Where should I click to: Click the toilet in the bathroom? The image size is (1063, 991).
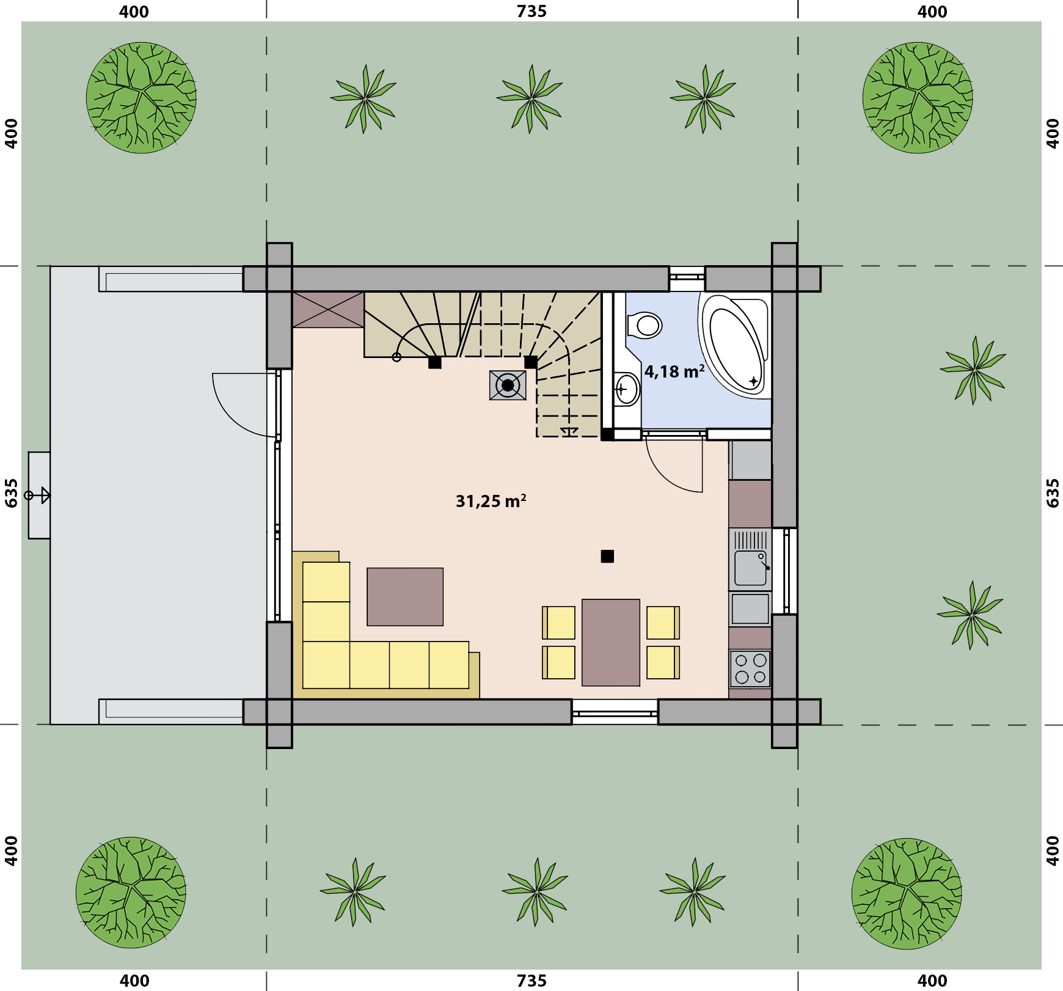click(x=645, y=324)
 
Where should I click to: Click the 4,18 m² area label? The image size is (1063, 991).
click(x=674, y=371)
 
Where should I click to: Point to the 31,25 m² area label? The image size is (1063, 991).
click(x=491, y=501)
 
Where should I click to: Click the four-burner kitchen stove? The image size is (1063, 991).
click(x=750, y=668)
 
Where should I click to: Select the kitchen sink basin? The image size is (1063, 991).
click(x=750, y=568)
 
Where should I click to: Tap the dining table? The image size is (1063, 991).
click(x=611, y=642)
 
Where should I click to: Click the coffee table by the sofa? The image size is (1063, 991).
click(x=405, y=596)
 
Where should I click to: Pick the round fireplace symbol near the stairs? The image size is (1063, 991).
click(x=508, y=385)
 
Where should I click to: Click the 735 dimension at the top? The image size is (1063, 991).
click(x=531, y=11)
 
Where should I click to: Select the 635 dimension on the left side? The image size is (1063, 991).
click(x=11, y=493)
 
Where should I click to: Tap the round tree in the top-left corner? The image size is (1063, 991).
click(x=141, y=97)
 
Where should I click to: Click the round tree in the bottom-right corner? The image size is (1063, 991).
click(x=907, y=893)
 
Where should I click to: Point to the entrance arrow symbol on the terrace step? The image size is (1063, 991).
click(x=38, y=495)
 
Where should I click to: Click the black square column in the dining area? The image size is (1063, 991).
click(x=607, y=556)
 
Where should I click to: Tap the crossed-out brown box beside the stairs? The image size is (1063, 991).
click(x=329, y=310)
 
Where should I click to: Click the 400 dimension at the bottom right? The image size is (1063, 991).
click(x=932, y=981)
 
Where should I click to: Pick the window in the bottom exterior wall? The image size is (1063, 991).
click(x=615, y=712)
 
